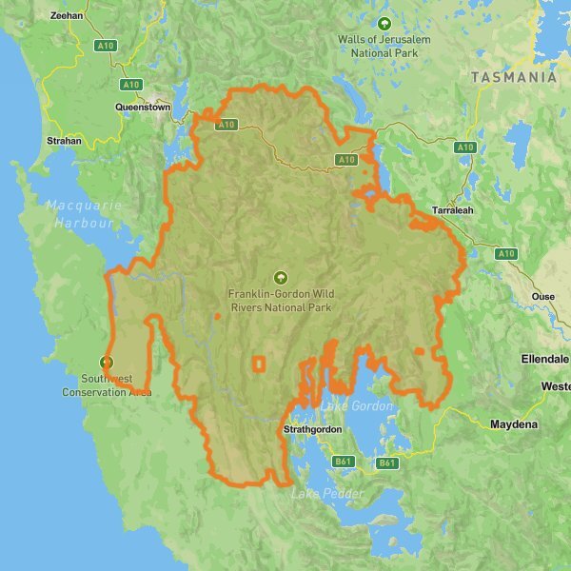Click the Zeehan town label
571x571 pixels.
click(67, 16)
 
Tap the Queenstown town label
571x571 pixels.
click(142, 108)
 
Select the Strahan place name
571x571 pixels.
click(65, 140)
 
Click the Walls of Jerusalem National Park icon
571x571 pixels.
click(384, 23)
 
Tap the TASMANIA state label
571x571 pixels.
click(514, 78)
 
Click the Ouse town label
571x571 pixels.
click(542, 296)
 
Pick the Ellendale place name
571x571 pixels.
click(544, 359)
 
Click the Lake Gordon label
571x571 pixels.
click(357, 406)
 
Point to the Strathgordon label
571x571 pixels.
click(313, 430)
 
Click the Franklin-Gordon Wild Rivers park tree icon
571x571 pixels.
click(280, 277)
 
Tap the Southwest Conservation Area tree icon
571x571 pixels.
click(107, 362)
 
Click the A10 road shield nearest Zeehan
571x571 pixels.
click(105, 45)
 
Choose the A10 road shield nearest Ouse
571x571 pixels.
click(505, 253)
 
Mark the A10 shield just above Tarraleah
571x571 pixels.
click(464, 148)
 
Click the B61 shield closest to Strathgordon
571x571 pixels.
click(343, 462)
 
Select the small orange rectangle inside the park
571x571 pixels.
click(258, 363)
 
